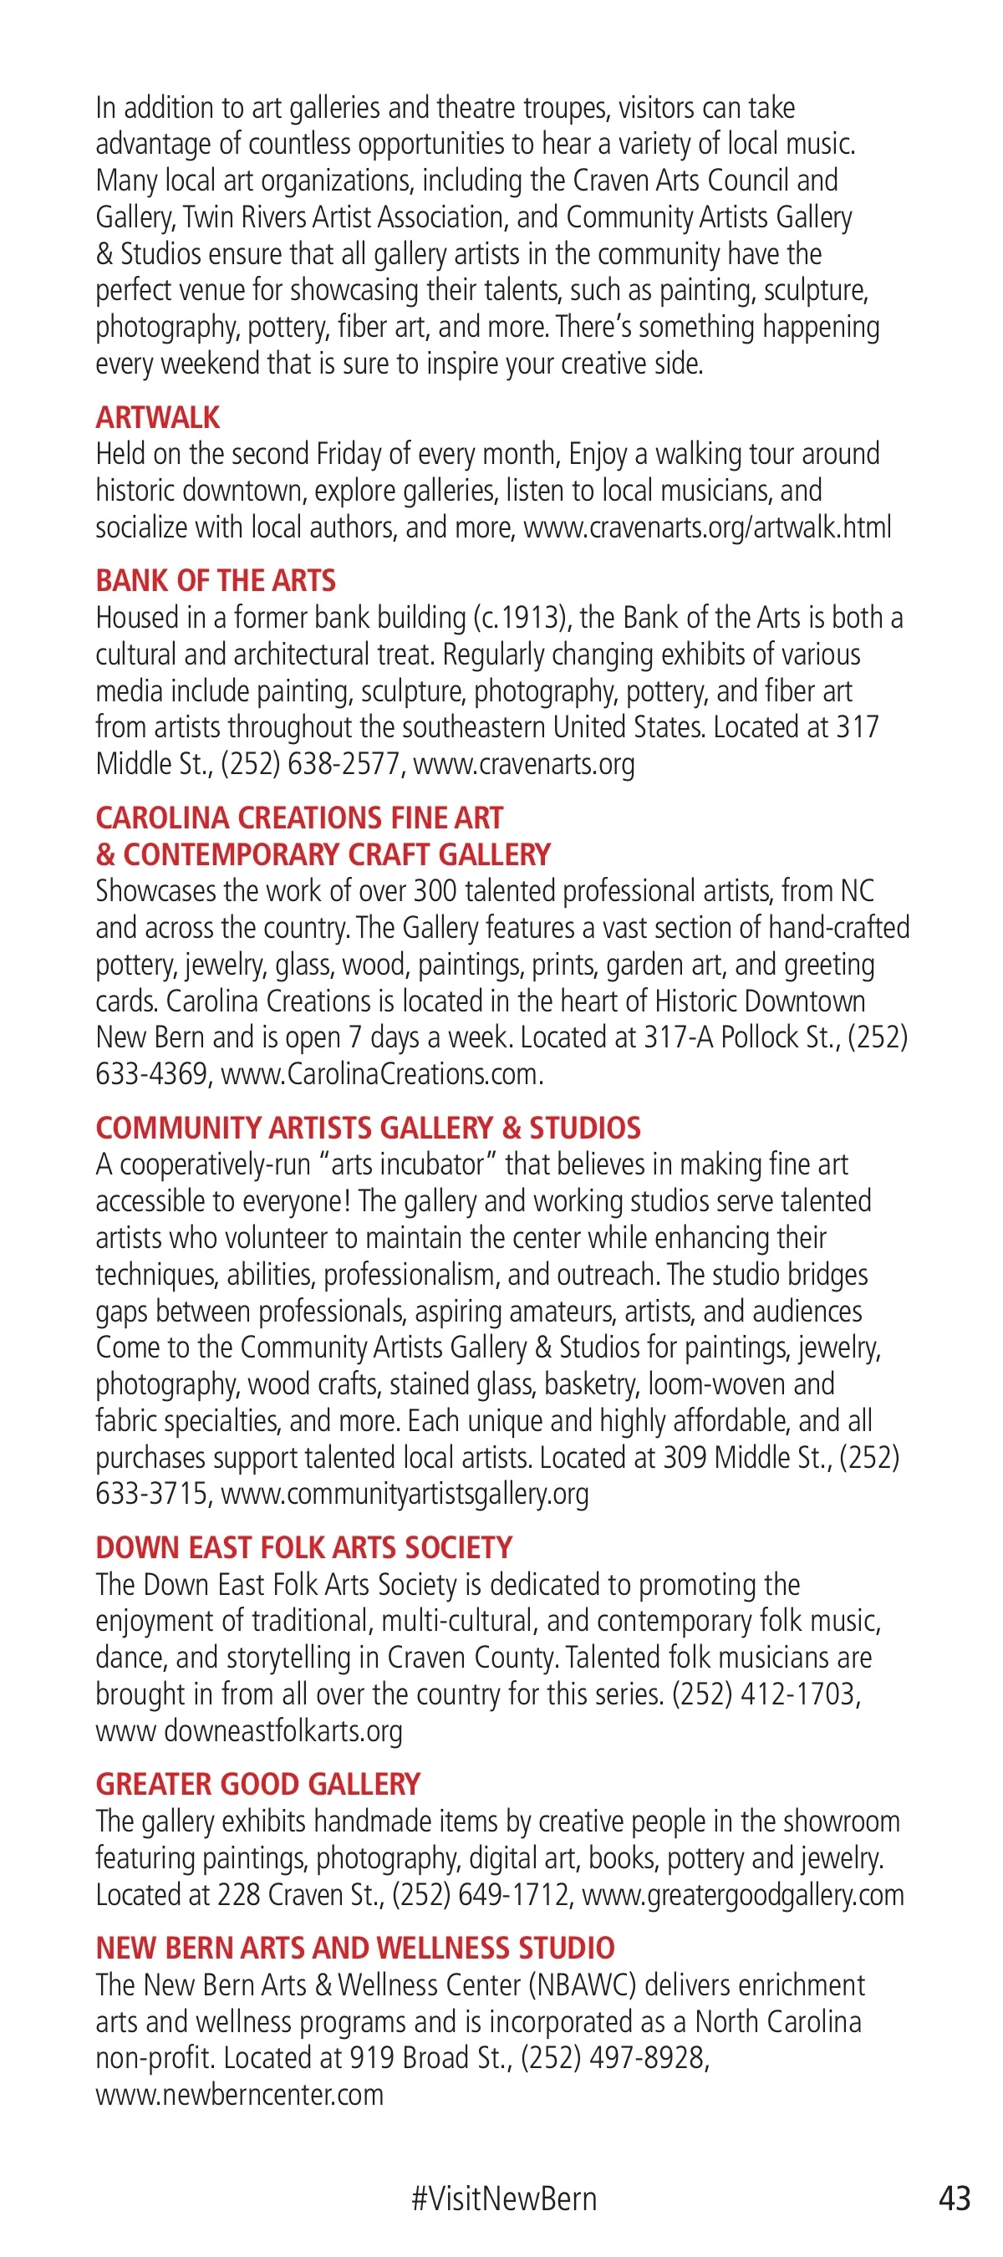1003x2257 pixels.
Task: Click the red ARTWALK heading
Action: (x=158, y=417)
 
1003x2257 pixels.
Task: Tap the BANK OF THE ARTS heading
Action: (x=216, y=580)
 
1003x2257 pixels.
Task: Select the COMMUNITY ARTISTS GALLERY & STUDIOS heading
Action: (x=368, y=1128)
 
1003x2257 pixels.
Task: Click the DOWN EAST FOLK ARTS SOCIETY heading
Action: (x=304, y=1547)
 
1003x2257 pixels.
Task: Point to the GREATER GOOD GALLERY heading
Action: (x=258, y=1784)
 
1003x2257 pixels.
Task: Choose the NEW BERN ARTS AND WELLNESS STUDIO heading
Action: (x=354, y=1947)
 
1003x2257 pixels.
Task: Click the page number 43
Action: (x=955, y=2198)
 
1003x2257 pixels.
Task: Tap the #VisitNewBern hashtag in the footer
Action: (x=504, y=2198)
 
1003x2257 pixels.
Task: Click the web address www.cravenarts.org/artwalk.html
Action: (x=707, y=527)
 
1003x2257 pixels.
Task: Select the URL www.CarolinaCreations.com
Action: (x=382, y=1073)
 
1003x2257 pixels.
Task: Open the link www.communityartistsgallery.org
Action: (x=405, y=1493)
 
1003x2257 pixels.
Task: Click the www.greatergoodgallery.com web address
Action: (x=743, y=1894)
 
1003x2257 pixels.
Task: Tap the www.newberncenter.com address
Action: (x=240, y=2094)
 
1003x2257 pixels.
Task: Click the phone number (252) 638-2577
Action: (x=311, y=763)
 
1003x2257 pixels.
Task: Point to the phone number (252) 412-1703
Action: (x=766, y=1694)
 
